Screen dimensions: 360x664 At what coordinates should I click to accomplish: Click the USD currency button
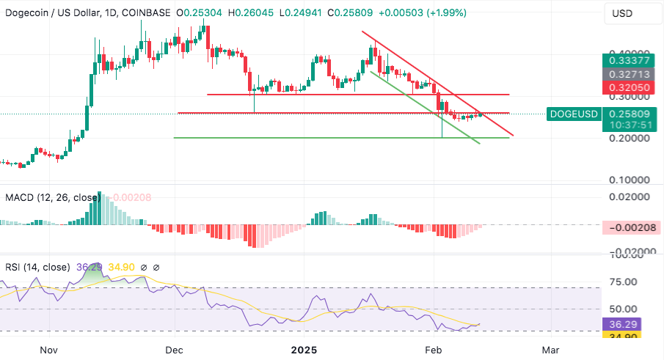(x=624, y=13)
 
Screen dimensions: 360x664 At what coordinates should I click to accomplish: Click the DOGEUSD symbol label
(x=574, y=114)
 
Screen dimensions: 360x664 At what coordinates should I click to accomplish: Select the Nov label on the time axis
(x=49, y=350)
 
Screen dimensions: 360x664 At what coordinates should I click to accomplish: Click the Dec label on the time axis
(x=175, y=350)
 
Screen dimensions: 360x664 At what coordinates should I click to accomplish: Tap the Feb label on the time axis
(x=434, y=350)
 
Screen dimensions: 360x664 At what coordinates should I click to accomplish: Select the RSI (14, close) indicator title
(x=37, y=267)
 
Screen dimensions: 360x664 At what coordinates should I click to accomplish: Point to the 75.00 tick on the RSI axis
(x=626, y=282)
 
